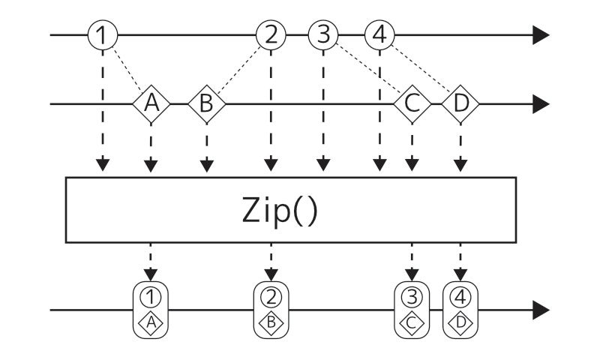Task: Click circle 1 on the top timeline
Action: click(103, 34)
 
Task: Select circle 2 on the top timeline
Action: click(271, 34)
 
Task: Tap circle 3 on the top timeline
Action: click(323, 34)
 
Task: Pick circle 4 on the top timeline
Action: click(379, 34)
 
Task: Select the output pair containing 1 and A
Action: click(151, 309)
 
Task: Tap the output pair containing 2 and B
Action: click(271, 309)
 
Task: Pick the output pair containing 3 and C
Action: click(411, 309)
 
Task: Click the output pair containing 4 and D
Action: click(460, 309)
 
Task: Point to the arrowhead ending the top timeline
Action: click(541, 34)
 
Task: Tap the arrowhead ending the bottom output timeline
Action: click(541, 309)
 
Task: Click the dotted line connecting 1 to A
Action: click(126, 68)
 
